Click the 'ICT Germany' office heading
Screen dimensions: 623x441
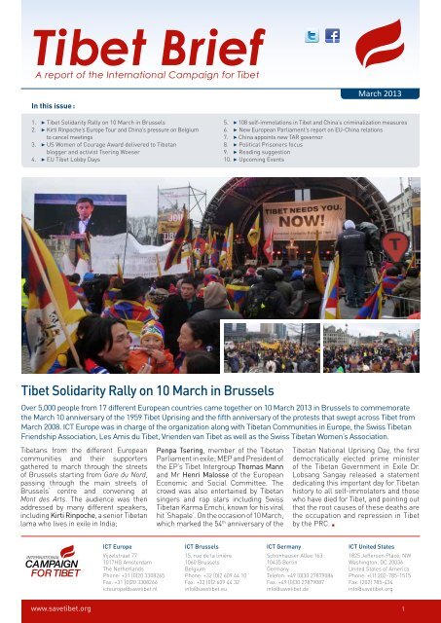pos(278,549)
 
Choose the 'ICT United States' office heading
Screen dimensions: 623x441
pos(370,549)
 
